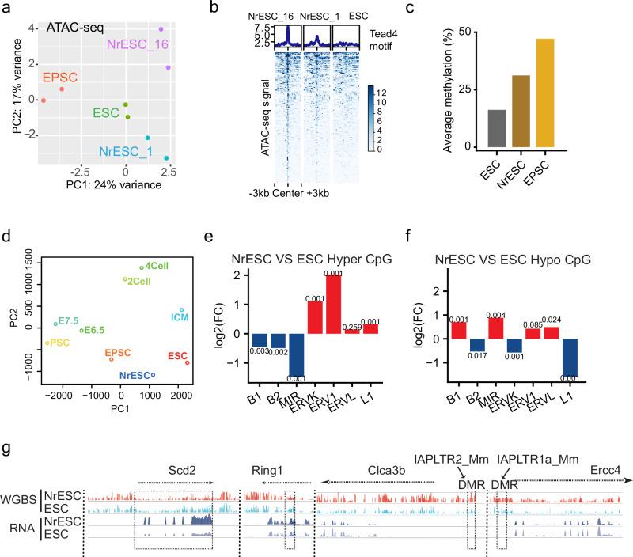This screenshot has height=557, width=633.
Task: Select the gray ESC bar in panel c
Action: coord(496,128)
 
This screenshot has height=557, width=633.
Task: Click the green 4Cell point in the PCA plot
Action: coord(142,267)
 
